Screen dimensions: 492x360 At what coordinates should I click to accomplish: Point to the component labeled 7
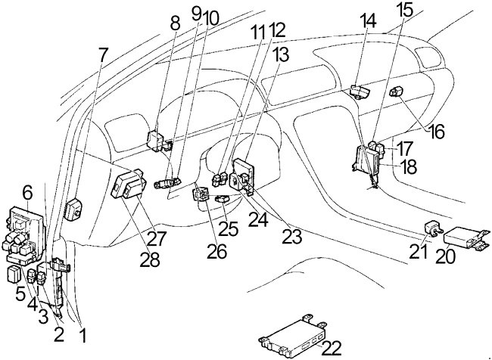(x=73, y=209)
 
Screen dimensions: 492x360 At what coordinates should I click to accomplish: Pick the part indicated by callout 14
(x=360, y=92)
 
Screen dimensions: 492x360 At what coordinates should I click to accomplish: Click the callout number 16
(x=435, y=131)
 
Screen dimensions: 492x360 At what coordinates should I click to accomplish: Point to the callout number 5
(x=20, y=295)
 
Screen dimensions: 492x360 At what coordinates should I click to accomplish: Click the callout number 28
(x=150, y=259)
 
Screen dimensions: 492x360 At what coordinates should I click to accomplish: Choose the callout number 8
(x=174, y=23)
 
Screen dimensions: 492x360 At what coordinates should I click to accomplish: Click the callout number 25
(x=229, y=229)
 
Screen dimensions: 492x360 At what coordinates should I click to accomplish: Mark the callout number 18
(x=407, y=167)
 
